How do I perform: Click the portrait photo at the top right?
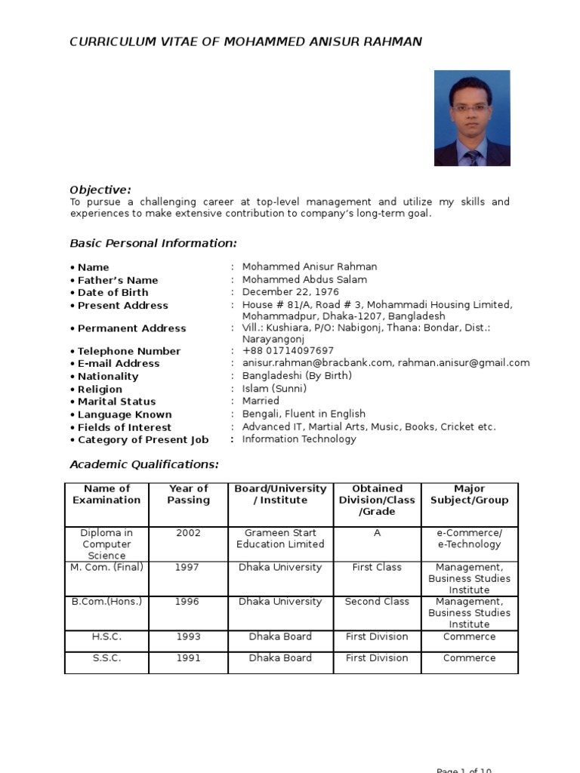472,119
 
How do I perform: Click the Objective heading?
100,189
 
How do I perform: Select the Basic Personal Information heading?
153,243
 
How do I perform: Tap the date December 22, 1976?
291,292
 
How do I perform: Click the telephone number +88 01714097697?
288,351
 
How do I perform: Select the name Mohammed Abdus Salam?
304,279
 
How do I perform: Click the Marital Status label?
116,402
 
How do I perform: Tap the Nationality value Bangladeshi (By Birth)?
297,376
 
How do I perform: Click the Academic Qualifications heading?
144,464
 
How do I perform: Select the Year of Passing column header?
189,494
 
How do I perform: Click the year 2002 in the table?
189,533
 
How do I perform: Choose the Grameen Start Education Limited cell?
281,538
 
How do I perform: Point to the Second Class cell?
377,602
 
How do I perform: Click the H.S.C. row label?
106,637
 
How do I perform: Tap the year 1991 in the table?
189,658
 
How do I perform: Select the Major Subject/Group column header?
470,494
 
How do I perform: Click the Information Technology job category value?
299,439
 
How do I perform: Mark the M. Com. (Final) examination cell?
106,568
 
